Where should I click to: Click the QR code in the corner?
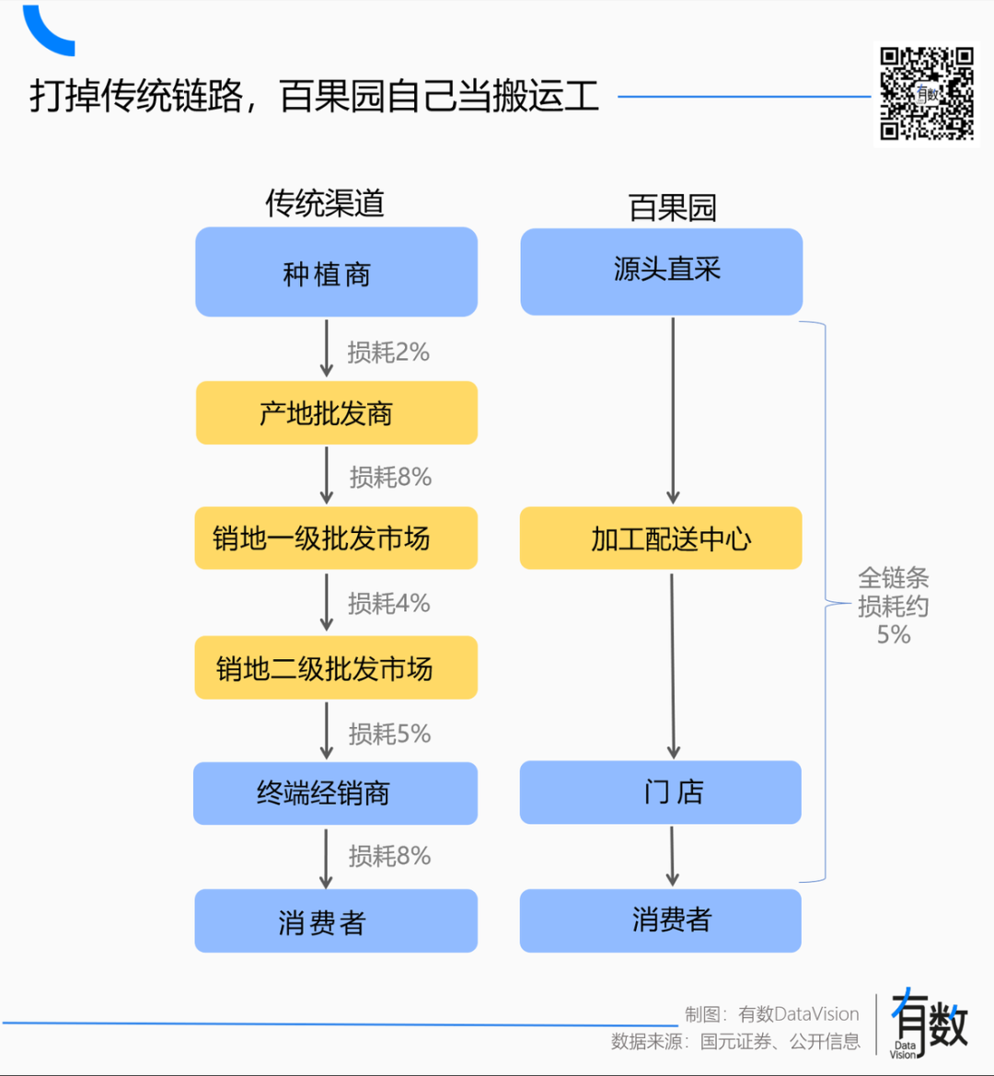pos(927,94)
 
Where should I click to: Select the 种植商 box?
pos(336,272)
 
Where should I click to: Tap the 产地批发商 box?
pos(336,413)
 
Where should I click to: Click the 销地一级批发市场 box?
pos(336,538)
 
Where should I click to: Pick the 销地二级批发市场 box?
pos(336,668)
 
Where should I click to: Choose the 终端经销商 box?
pos(335,793)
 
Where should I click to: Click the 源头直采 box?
pos(661,272)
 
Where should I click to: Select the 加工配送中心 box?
pos(661,538)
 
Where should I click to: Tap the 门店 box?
pos(660,793)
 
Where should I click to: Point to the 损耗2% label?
pos(388,353)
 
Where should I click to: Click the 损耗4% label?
pos(388,604)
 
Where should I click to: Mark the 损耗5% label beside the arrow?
pos(389,734)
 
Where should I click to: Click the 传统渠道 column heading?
pos(325,203)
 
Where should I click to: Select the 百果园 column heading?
pos(672,207)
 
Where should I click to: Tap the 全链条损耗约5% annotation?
pos(893,606)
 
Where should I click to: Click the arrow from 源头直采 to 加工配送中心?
pos(673,411)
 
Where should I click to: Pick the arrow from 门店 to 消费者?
pos(672,856)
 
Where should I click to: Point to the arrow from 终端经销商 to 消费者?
pos(326,858)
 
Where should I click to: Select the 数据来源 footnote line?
pos(735,1042)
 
